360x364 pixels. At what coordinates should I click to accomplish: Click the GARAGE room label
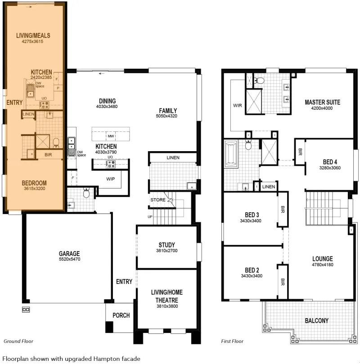pyautogui.click(x=69, y=253)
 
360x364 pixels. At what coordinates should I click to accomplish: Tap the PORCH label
pyautogui.click(x=121, y=315)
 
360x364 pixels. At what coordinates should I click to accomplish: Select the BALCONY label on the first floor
pyautogui.click(x=317, y=321)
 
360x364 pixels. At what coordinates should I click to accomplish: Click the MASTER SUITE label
pyautogui.click(x=322, y=102)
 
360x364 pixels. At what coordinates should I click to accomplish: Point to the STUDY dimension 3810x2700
pyautogui.click(x=166, y=251)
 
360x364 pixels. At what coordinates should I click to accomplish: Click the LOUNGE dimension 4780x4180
pyautogui.click(x=322, y=265)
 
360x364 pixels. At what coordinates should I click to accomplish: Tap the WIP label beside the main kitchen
pyautogui.click(x=111, y=179)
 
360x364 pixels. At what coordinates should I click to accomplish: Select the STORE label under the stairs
pyautogui.click(x=158, y=200)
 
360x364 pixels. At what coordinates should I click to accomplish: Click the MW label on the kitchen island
pyautogui.click(x=111, y=136)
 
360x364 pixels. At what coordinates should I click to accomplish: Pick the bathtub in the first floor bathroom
pyautogui.click(x=231, y=154)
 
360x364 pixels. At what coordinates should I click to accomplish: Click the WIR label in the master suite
pyautogui.click(x=238, y=105)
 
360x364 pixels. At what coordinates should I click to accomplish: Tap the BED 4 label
pyautogui.click(x=330, y=162)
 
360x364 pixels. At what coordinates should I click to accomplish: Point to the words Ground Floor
pyautogui.click(x=18, y=341)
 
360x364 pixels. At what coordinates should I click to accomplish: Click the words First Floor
pyautogui.click(x=232, y=341)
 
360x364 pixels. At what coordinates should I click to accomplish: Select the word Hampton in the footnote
pyautogui.click(x=105, y=359)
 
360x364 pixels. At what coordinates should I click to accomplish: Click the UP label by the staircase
pyautogui.click(x=150, y=216)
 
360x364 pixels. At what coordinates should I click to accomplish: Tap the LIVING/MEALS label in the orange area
pyautogui.click(x=33, y=36)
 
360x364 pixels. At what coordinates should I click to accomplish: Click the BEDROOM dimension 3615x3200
pyautogui.click(x=34, y=189)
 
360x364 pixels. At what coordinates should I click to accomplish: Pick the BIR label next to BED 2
pyautogui.click(x=283, y=282)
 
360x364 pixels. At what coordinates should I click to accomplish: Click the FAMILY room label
pyautogui.click(x=168, y=111)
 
